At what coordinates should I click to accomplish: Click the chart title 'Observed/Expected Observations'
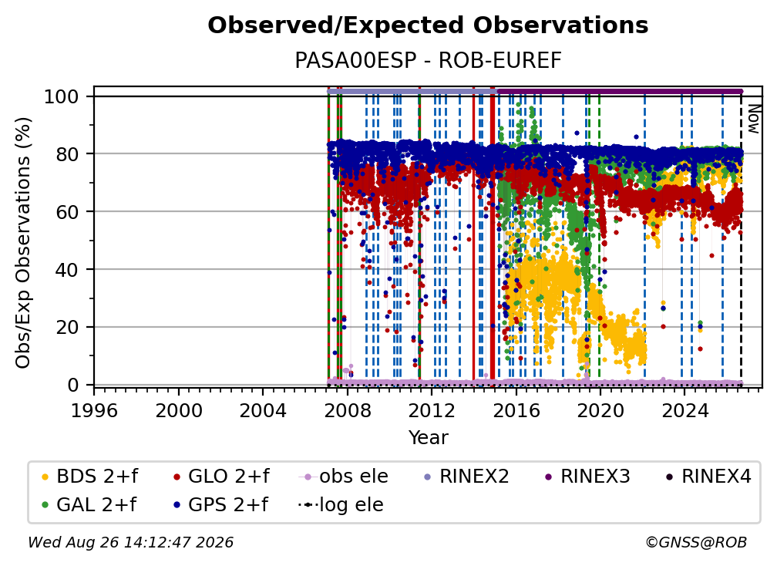(428, 25)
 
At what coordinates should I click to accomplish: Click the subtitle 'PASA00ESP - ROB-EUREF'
(428, 60)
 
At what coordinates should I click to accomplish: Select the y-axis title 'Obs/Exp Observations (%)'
(23, 243)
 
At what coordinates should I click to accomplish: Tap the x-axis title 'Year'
(428, 438)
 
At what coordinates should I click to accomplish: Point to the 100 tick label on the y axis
(62, 96)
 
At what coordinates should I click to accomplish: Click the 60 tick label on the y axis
(67, 212)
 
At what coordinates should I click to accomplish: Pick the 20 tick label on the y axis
(67, 328)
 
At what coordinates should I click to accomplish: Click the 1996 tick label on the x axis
(95, 410)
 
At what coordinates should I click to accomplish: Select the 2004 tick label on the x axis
(263, 410)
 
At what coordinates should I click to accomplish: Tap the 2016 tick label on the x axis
(516, 410)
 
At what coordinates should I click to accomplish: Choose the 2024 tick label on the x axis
(684, 410)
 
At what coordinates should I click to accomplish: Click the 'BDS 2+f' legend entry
(89, 477)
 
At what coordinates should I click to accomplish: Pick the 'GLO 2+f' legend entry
(221, 477)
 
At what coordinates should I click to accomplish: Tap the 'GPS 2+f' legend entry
(220, 505)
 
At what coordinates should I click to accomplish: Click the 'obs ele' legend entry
(344, 477)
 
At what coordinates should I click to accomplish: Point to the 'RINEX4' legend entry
(708, 477)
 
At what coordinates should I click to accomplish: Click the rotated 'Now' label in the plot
(753, 119)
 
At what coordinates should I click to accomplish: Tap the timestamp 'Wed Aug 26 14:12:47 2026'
(131, 542)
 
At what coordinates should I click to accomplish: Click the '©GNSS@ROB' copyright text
(696, 542)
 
